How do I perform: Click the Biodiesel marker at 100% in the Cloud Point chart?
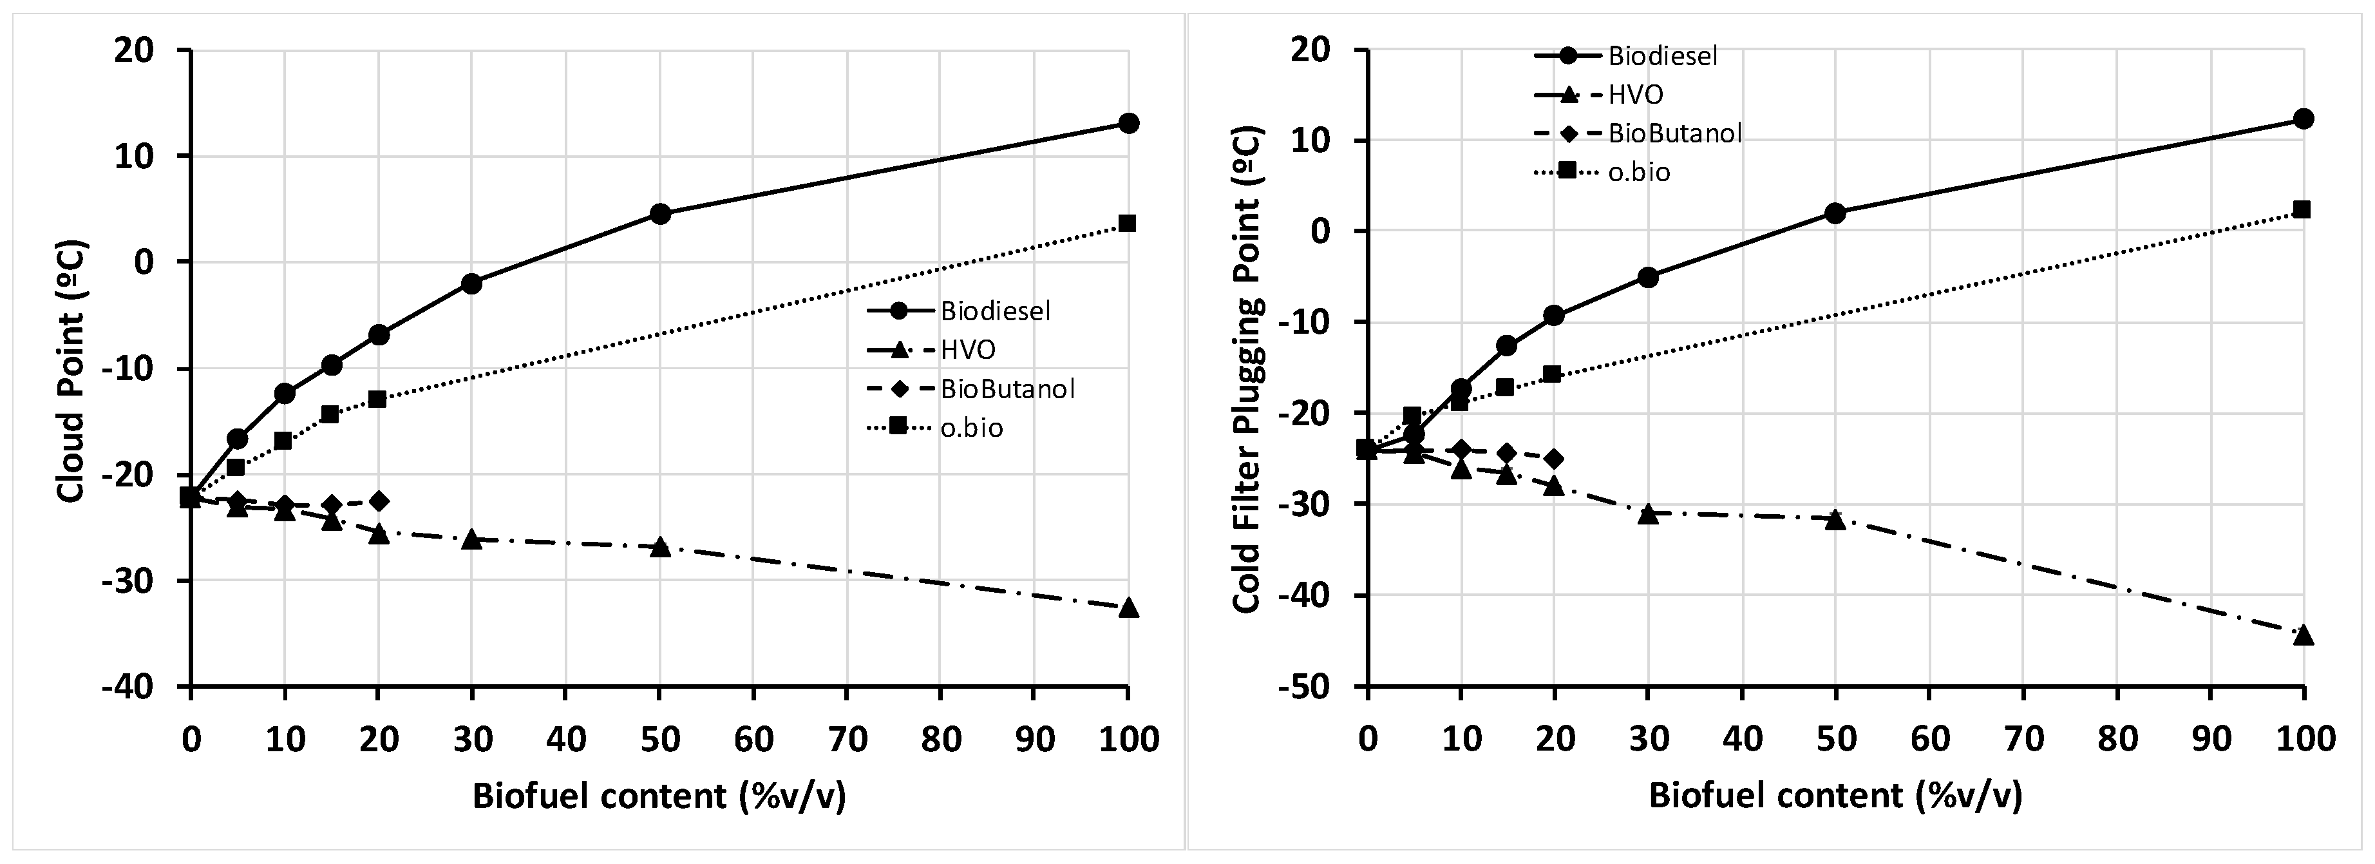(x=1128, y=124)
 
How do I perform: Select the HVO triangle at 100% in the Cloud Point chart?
(x=1128, y=608)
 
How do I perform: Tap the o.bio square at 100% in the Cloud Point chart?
(x=1127, y=223)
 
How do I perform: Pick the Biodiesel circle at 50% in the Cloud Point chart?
(x=660, y=214)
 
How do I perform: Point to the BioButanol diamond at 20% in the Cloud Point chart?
(x=378, y=501)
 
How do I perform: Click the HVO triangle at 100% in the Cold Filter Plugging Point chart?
(x=2302, y=635)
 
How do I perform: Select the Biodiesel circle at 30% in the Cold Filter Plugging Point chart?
(x=1649, y=276)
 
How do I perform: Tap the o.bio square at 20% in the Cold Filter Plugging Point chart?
(x=1552, y=374)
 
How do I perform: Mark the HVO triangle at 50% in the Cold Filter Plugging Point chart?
(x=1835, y=519)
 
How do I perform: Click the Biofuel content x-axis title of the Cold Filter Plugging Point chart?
(x=1835, y=796)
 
